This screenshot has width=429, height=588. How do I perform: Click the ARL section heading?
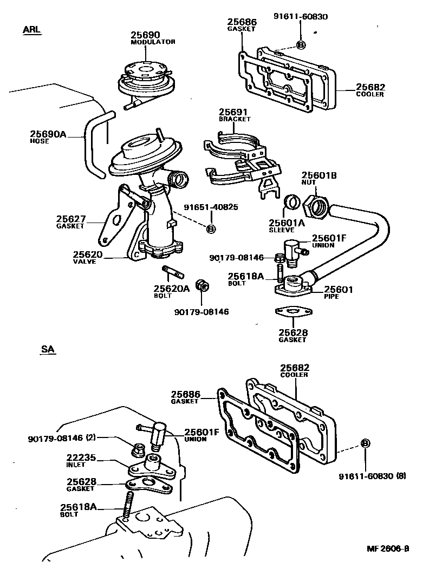tap(31, 29)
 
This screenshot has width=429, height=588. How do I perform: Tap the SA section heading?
tap(48, 350)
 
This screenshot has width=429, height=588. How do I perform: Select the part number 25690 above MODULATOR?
tap(145, 36)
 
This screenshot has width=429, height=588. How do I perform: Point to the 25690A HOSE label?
tap(48, 136)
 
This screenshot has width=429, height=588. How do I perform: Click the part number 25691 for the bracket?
tap(233, 112)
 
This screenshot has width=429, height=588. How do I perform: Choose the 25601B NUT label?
tap(319, 178)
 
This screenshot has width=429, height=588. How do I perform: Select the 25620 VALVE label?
tap(88, 257)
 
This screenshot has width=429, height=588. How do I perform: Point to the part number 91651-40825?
tap(211, 207)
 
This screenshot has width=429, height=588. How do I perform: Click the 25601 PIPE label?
tap(339, 293)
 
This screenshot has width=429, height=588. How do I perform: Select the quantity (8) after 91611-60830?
tap(401, 476)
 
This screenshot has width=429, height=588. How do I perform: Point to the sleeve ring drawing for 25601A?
tap(292, 202)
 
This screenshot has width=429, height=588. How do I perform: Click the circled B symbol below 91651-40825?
tap(211, 229)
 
